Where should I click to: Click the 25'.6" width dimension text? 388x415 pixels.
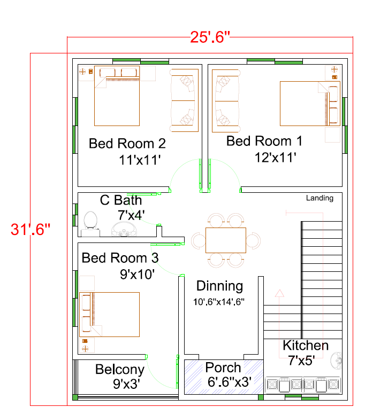click(x=210, y=37)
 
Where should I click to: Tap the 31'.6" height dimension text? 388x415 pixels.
click(x=31, y=229)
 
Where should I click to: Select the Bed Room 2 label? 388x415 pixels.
click(x=127, y=144)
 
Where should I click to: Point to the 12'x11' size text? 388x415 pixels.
click(x=275, y=158)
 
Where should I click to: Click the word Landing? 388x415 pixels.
click(x=319, y=198)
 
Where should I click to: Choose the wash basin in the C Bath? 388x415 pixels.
click(x=124, y=229)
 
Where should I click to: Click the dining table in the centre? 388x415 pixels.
click(x=226, y=240)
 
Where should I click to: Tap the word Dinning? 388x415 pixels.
click(x=219, y=286)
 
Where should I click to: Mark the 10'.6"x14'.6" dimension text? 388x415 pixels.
click(x=219, y=302)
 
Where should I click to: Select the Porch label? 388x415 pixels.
click(x=223, y=367)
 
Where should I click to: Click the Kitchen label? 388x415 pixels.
click(x=306, y=346)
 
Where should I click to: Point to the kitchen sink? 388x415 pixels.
click(x=336, y=361)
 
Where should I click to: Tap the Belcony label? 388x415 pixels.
click(x=119, y=370)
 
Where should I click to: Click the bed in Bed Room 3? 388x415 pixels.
click(x=110, y=315)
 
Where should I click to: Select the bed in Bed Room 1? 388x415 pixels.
click(x=310, y=104)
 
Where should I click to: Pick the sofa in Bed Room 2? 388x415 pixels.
click(x=184, y=100)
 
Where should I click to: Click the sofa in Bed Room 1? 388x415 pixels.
click(x=226, y=101)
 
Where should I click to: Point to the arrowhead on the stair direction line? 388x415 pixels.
click(x=279, y=293)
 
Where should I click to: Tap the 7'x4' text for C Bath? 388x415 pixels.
click(x=131, y=215)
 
